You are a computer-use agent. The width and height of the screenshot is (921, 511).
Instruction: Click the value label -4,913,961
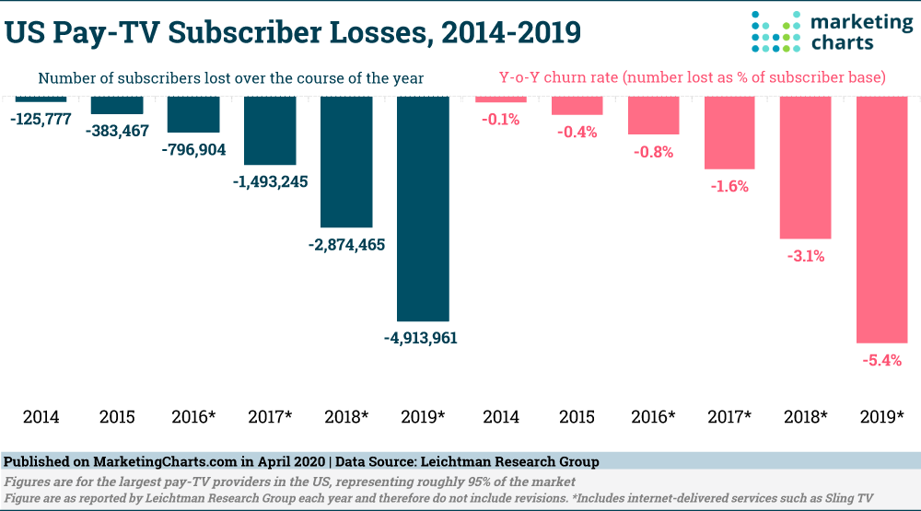point(421,338)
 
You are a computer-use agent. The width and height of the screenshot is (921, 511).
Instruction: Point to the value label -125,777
point(41,119)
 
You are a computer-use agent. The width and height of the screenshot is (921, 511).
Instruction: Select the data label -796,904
point(193,149)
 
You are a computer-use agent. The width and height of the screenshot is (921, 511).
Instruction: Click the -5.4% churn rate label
point(881,360)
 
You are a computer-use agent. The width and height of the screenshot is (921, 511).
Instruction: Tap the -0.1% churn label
point(501,119)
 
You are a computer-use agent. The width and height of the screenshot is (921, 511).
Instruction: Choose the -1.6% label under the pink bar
point(729,186)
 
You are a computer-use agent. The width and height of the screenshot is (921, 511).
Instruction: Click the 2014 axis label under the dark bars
point(41,416)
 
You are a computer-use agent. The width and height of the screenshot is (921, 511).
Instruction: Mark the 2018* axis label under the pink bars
point(806,416)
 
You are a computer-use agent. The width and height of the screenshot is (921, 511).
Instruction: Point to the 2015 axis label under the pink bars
point(577,416)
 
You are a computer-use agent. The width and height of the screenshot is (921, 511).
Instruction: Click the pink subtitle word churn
point(584,78)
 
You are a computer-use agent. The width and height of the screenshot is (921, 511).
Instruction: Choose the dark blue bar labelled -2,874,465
point(346,162)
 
